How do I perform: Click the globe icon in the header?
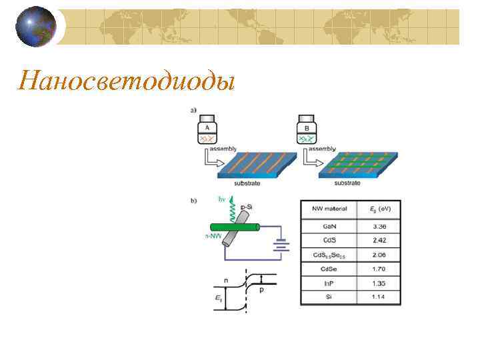[36, 27]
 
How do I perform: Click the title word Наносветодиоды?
[126, 81]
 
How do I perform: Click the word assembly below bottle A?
[223, 150]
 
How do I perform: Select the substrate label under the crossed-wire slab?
[347, 183]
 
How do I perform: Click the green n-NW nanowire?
[227, 228]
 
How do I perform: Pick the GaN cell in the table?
[329, 225]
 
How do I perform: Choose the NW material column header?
[329, 209]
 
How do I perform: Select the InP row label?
[329, 283]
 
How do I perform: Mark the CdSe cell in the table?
[329, 269]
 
